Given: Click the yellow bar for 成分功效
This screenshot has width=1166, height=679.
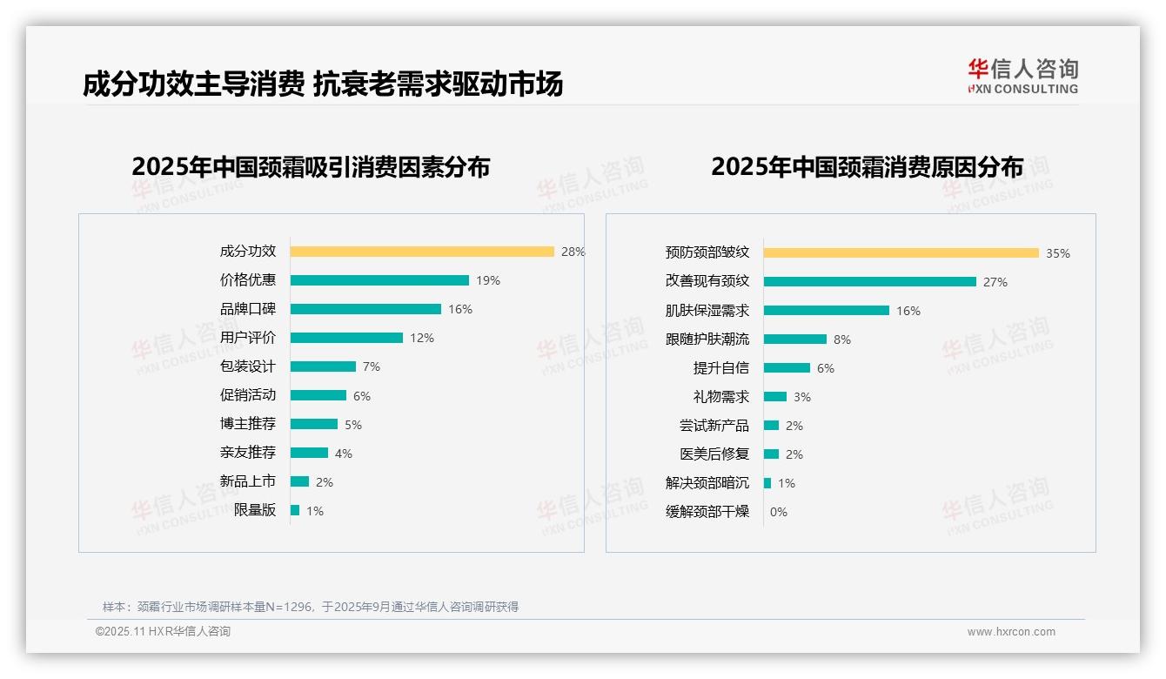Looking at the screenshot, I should coord(422,252).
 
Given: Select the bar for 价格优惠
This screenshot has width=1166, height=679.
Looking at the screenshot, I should coord(379,280).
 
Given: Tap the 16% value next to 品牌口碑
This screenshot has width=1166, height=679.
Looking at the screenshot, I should coord(459,309).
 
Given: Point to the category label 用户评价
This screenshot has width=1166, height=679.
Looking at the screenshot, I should coord(247,338).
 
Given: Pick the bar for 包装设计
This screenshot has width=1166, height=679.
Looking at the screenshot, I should coord(323,366).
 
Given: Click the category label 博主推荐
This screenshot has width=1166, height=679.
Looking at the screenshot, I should coord(247,424).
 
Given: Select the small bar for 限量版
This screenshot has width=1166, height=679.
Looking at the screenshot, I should coord(295,510).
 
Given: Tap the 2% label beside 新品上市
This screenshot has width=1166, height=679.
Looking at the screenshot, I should coord(324,482).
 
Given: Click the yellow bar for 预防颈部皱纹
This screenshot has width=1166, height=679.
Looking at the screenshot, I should coord(901,253).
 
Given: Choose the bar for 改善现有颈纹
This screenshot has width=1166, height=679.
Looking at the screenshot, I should coord(869,282).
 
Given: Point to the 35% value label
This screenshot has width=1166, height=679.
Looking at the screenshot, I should coord(1057,253).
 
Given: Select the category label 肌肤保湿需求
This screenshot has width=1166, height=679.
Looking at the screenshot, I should coord(707,311).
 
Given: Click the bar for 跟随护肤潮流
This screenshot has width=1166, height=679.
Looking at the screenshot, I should coord(794,339).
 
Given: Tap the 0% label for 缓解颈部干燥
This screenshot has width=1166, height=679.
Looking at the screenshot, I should coord(778,512).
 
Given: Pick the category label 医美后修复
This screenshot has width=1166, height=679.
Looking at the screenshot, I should coord(714,454).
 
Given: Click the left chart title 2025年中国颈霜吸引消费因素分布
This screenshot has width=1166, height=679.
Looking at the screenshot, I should coord(311,166).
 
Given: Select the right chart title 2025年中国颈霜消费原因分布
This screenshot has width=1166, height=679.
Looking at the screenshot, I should coord(867,166).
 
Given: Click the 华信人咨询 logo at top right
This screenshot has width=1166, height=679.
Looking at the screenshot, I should coord(1022,76).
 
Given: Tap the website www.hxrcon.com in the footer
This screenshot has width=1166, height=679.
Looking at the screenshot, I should coord(1010,632).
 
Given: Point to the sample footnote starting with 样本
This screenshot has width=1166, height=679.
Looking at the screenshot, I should coord(311,607).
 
